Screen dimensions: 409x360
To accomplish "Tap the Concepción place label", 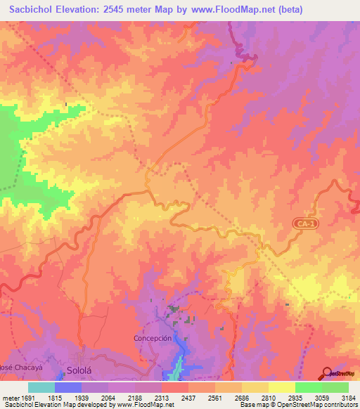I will tap(153, 338).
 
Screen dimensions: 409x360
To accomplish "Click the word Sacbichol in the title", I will tap(34, 10).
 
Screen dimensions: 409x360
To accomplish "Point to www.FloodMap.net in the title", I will tap(247, 10).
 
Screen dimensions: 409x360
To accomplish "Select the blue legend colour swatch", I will tap(68, 387).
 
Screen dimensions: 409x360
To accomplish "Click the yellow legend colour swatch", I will tap(282, 387).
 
